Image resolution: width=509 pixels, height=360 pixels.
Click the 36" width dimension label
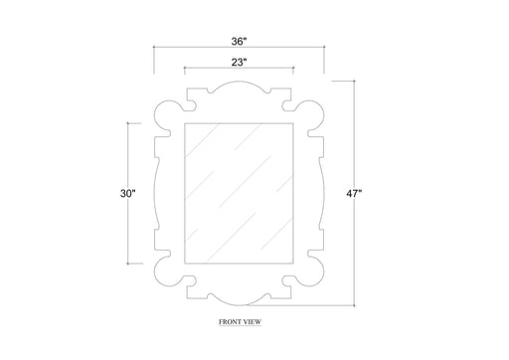[x=240, y=42]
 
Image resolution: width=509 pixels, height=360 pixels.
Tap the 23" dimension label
[x=240, y=62]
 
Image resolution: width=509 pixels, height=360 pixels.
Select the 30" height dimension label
[x=128, y=193]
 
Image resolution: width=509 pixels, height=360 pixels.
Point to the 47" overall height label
[x=354, y=194]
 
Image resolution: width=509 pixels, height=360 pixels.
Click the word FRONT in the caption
[x=230, y=322]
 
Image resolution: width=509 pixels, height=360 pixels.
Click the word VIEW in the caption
[x=253, y=322]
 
